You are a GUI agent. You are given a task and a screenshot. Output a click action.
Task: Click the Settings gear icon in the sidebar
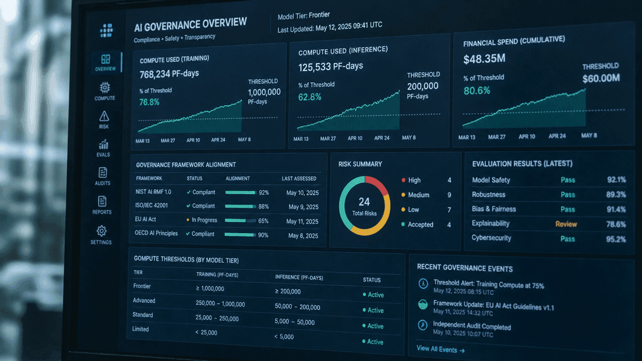102,231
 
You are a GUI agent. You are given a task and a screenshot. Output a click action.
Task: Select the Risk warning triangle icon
104,116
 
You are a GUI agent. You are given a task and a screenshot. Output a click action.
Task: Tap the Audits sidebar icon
103,172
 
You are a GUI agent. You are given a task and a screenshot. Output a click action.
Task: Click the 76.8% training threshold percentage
149,102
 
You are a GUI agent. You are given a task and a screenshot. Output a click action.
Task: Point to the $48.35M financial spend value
484,59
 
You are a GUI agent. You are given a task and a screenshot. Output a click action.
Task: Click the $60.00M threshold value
601,78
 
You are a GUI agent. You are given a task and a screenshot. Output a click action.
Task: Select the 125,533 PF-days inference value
331,67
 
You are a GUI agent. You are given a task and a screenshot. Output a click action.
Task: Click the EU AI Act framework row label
146,219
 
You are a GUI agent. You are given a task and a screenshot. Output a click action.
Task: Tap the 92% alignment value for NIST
264,193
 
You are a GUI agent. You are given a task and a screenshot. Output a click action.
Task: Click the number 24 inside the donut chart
364,202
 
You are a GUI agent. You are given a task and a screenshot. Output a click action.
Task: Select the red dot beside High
403,180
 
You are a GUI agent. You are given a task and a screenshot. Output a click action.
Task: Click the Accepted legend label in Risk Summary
421,225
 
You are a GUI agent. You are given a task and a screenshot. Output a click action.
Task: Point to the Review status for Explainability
566,224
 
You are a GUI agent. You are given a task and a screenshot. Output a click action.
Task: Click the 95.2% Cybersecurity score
616,239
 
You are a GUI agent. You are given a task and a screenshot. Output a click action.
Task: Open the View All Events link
440,349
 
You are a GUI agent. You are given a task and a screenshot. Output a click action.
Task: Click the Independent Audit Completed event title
472,326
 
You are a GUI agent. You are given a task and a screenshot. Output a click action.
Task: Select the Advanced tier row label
144,301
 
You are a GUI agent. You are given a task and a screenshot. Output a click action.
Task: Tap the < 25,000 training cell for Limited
207,332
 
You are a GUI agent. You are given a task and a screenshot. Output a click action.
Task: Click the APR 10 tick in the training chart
193,140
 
